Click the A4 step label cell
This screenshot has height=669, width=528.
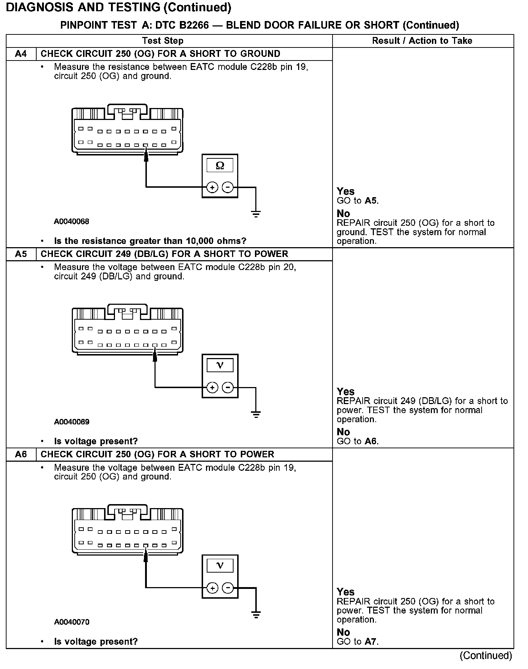[21, 54]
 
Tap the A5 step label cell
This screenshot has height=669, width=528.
[21, 254]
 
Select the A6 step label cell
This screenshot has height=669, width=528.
[21, 454]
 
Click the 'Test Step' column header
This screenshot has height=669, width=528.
[163, 41]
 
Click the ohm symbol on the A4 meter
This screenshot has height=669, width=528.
[220, 166]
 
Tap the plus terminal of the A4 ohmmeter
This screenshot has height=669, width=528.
[212, 187]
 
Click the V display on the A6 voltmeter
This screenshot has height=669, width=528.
[220, 566]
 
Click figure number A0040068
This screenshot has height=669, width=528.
[71, 221]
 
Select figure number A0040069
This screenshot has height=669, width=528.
[71, 422]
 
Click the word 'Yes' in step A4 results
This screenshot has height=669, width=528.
[345, 191]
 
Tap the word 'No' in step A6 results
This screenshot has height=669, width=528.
[343, 632]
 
